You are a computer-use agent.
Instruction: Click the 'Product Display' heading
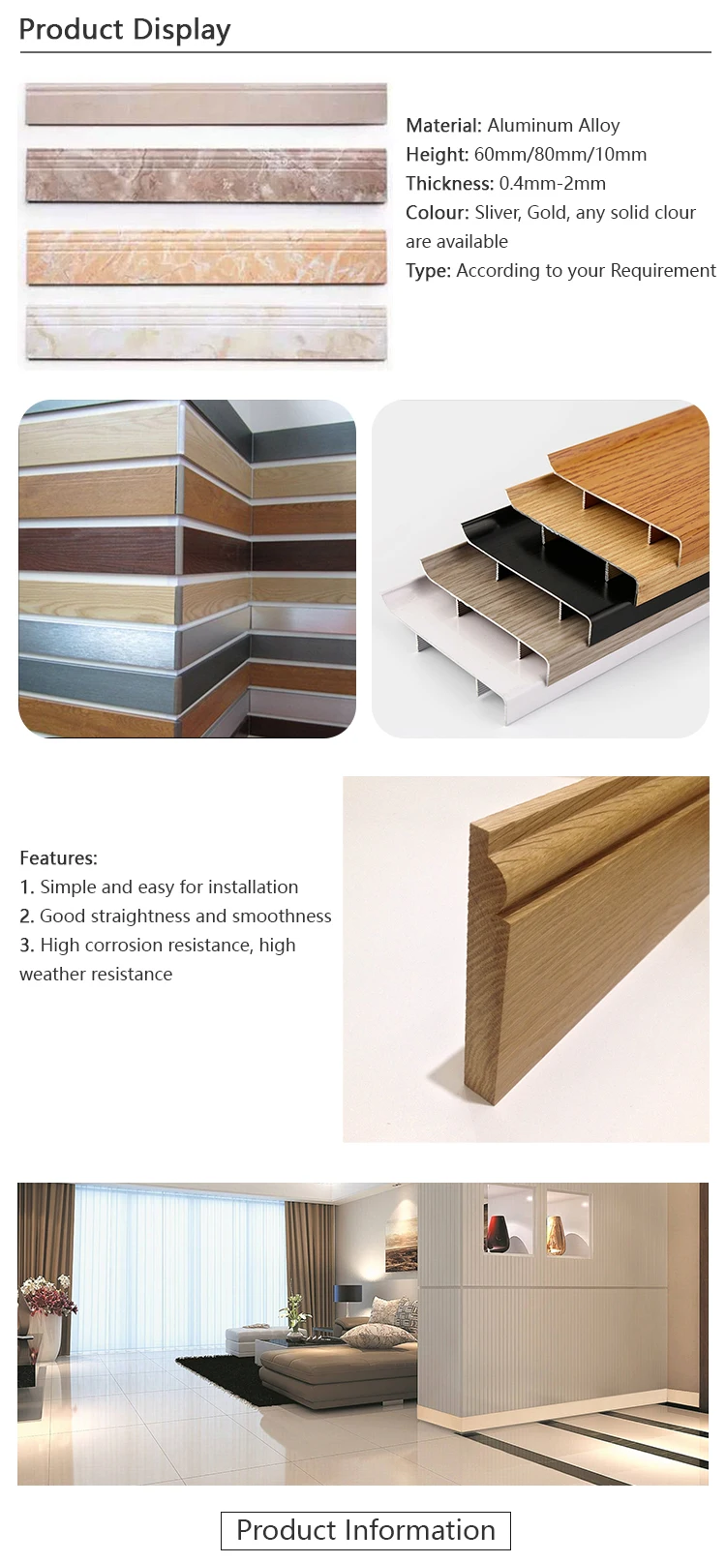point(125,29)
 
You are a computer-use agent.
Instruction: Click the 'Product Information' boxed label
point(365,1530)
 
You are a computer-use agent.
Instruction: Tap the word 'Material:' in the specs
point(443,125)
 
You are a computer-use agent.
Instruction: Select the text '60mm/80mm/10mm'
point(560,154)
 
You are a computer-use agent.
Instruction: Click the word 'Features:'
point(58,857)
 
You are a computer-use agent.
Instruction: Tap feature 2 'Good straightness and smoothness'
point(185,916)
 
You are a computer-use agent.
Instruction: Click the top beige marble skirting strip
point(205,105)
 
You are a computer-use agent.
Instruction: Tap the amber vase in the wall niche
point(557,1235)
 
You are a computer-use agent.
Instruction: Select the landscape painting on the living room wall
point(402,1248)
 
